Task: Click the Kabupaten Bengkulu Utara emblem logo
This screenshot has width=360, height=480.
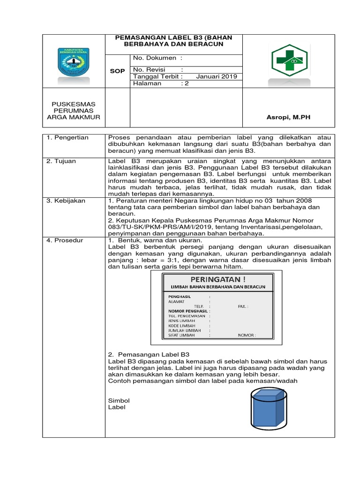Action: pos(74,61)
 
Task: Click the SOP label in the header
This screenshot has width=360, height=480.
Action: pos(117,70)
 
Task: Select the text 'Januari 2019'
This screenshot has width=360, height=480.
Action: pos(217,77)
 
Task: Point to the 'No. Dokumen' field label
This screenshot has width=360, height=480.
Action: pos(155,58)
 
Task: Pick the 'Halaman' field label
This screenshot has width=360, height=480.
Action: pos(147,83)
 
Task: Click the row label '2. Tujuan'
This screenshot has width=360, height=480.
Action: pos(61,161)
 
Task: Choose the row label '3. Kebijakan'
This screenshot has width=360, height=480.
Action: pos(66,201)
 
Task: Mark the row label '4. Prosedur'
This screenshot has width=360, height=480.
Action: pos(65,240)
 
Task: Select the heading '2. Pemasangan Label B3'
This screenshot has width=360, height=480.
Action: pos(149,354)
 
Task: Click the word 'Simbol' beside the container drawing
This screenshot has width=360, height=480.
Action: pos(119,401)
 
